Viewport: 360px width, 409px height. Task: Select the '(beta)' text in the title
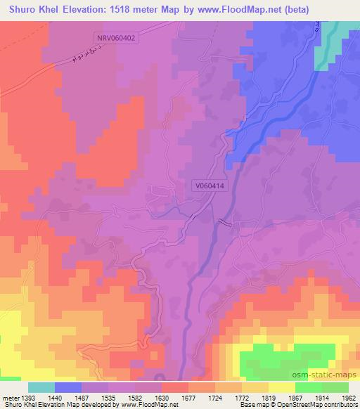point(330,8)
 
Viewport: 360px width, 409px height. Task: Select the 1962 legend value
point(349,398)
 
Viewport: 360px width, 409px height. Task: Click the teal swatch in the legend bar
point(41,387)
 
